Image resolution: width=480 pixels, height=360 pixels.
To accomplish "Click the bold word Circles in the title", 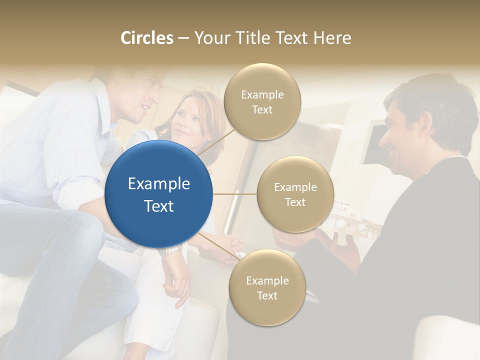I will pos(146,38).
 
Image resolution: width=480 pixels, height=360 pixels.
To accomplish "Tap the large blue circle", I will pos(159,194).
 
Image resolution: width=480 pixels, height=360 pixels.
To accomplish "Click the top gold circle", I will pos(262,102).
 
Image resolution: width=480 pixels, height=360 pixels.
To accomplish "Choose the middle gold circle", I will pos(295,194).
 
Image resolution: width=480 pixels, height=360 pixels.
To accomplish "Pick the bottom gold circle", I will pos(267,288).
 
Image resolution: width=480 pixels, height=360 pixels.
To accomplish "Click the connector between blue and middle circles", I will pos(235,194).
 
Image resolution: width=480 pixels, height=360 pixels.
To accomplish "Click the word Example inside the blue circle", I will pos(159,184).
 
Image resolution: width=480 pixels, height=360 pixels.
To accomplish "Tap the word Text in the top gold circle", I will pos(262,110).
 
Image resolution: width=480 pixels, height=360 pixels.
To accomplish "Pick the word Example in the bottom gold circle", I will pos(267,280).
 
